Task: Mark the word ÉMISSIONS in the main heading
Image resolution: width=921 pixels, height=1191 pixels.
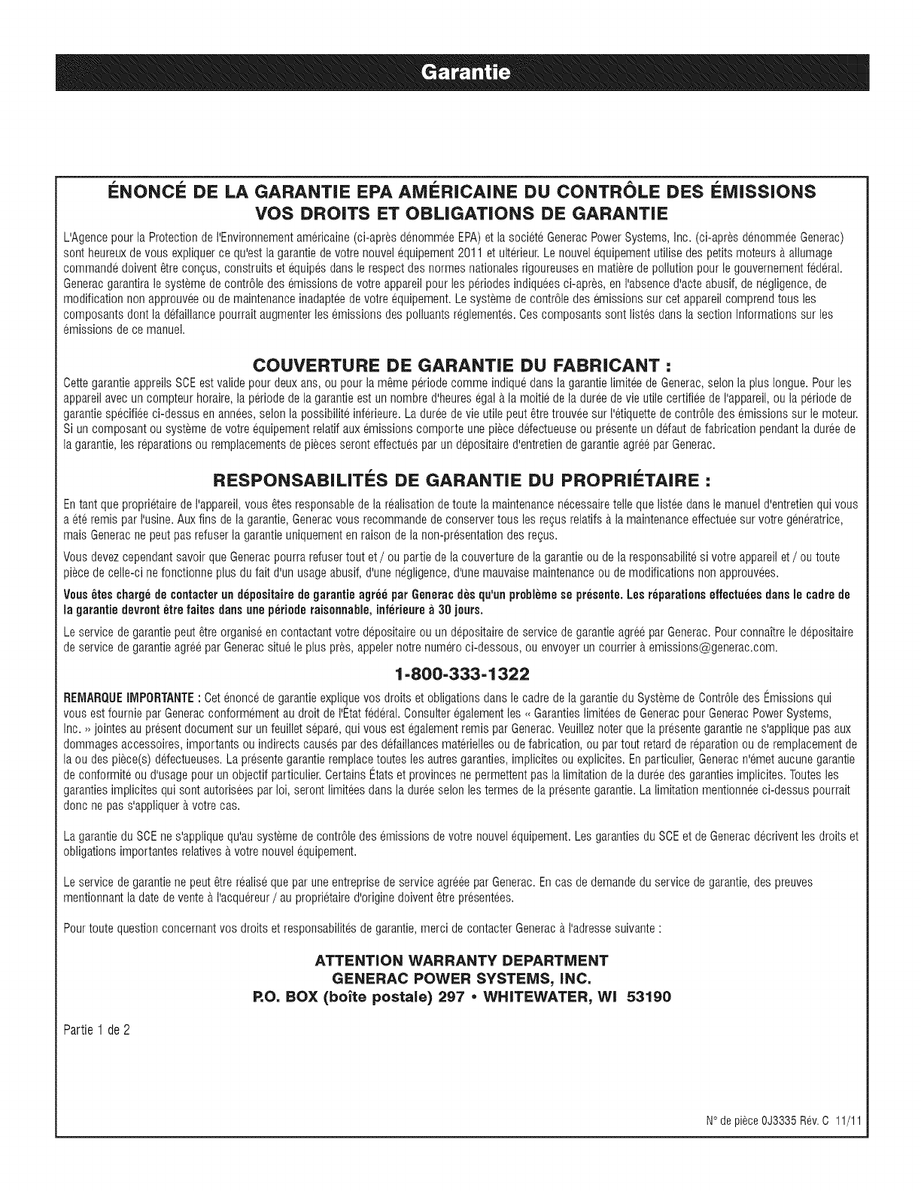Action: click(x=758, y=192)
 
